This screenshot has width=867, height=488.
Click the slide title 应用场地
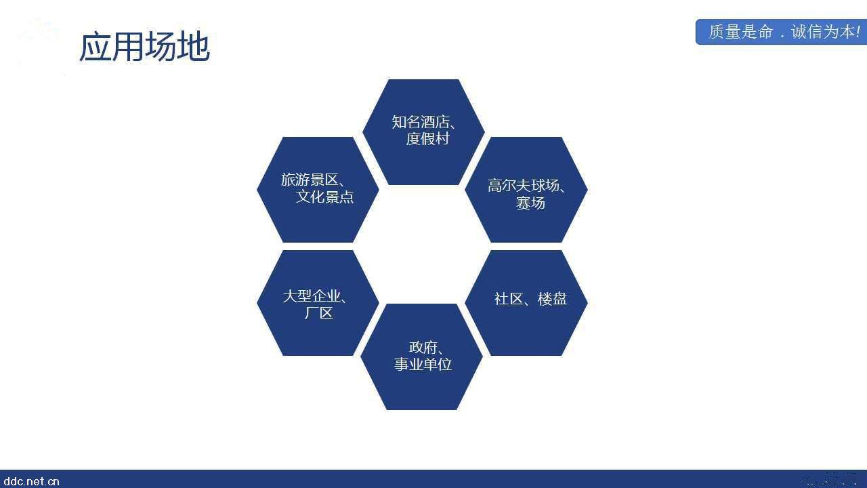144,47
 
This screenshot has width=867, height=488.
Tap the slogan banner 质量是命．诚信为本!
781,32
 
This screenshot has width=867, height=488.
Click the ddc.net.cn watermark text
30,481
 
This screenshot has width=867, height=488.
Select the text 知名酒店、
424,123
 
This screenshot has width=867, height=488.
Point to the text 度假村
427,139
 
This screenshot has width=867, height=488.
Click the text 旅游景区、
313,180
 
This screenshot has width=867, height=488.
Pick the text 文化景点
324,197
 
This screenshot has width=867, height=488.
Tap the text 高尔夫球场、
527,186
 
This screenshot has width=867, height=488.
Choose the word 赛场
530,203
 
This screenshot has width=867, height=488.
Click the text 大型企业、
315,296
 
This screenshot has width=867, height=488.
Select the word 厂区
318,313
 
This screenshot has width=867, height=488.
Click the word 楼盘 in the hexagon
552,299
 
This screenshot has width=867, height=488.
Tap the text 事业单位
423,365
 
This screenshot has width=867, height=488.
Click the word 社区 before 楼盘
508,299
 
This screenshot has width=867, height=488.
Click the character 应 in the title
96,47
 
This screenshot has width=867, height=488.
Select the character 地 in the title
194,47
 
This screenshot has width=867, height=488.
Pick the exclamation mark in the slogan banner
858,32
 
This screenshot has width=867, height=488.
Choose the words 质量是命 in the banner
740,32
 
